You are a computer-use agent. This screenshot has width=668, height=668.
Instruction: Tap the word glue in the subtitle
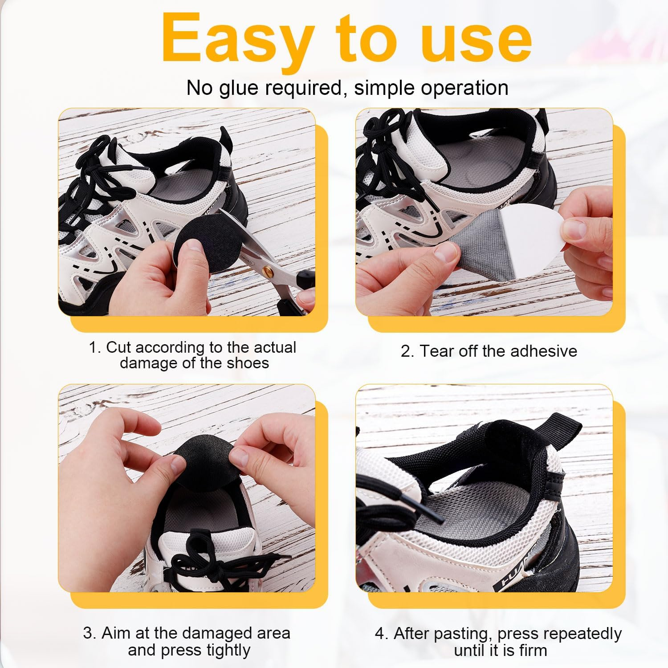click(x=239, y=88)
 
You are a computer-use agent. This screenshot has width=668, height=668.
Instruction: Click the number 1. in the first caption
click(x=95, y=347)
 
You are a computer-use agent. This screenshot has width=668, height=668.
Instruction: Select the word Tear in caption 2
click(x=437, y=351)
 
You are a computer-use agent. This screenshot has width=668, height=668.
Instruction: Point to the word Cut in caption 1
click(x=118, y=347)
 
